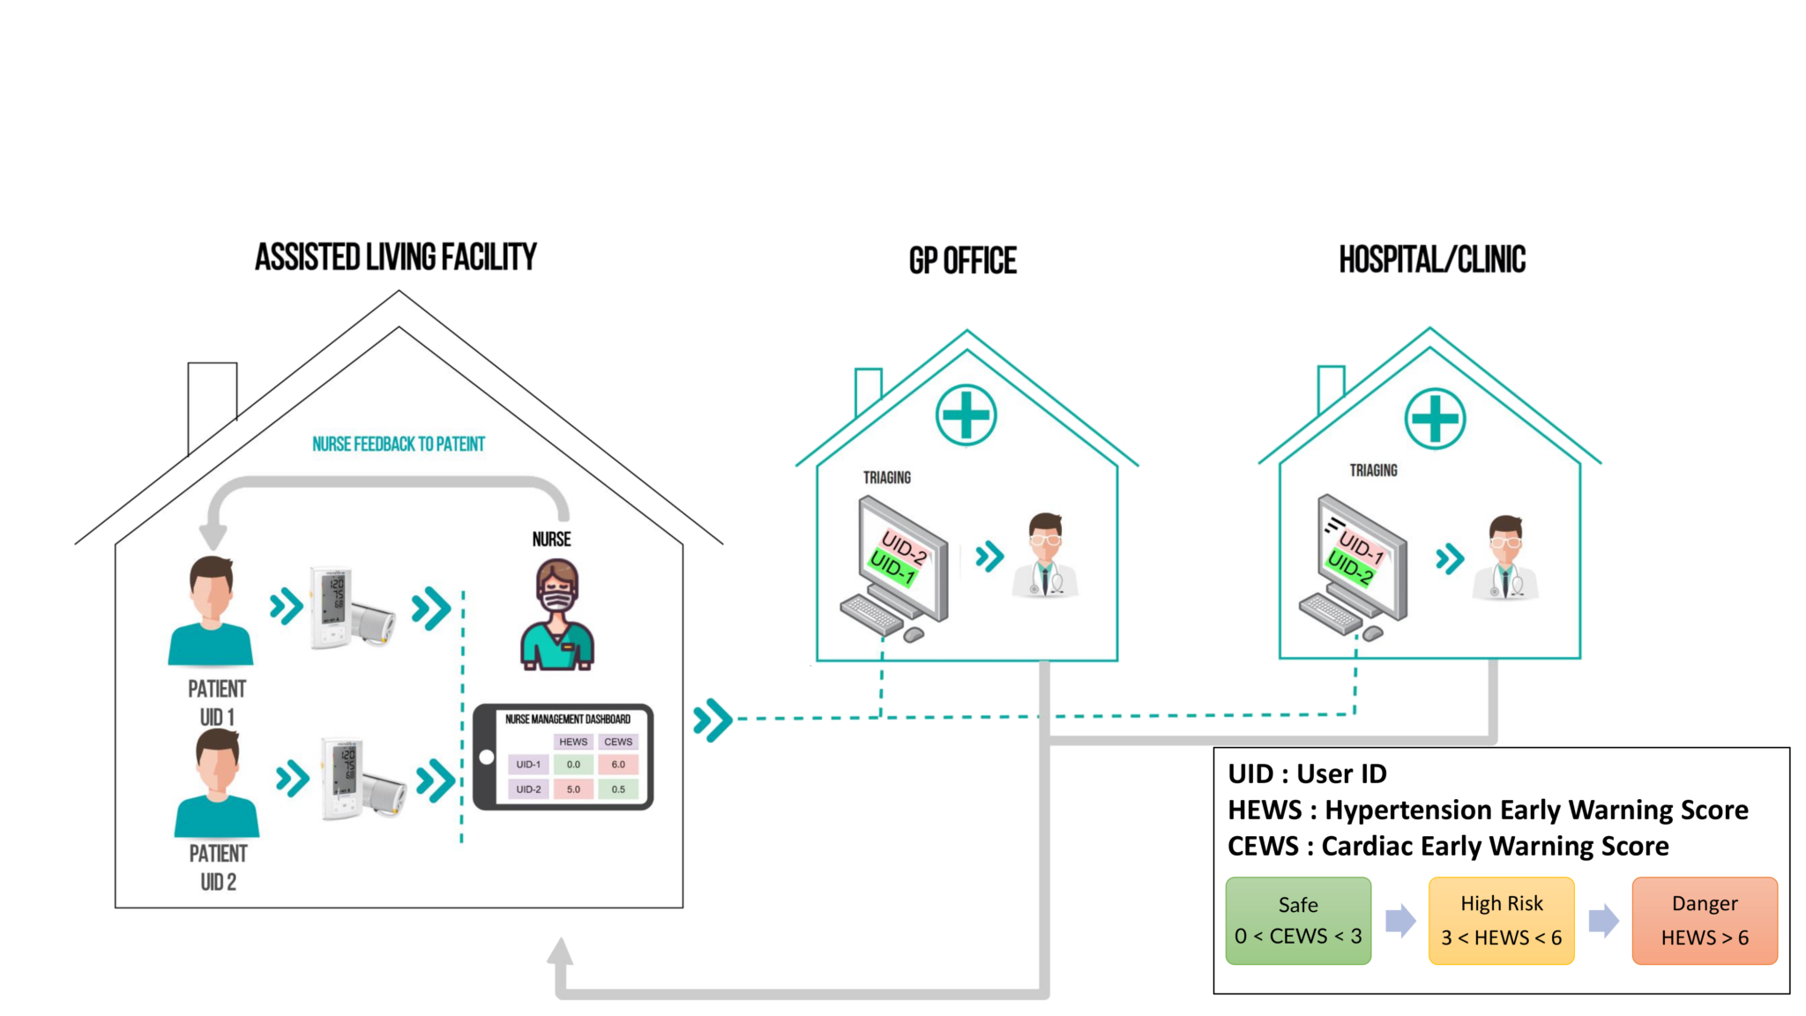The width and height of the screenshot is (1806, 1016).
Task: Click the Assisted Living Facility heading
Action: pyautogui.click(x=396, y=258)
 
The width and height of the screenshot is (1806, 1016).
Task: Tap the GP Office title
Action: pyautogui.click(x=963, y=261)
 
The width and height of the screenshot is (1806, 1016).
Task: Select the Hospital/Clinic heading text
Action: pyautogui.click(x=1432, y=259)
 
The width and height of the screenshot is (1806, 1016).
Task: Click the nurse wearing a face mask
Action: pyautogui.click(x=557, y=614)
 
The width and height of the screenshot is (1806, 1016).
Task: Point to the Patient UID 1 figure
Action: pyautogui.click(x=211, y=610)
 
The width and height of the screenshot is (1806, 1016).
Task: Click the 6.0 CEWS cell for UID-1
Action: pyautogui.click(x=618, y=765)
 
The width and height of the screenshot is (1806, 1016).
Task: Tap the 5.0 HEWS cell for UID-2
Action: pyautogui.click(x=573, y=789)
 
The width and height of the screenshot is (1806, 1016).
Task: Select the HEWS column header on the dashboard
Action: pyautogui.click(x=573, y=742)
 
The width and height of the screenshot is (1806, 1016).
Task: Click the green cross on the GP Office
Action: pyautogui.click(x=966, y=415)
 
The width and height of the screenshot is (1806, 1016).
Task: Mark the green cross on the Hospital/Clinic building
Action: pyautogui.click(x=1435, y=418)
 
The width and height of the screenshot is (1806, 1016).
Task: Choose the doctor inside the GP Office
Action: pyautogui.click(x=1045, y=556)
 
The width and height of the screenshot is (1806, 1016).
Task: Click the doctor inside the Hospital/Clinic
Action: pyautogui.click(x=1505, y=558)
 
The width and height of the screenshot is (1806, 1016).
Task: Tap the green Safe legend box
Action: pyautogui.click(x=1298, y=921)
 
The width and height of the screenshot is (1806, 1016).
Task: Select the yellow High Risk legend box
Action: pyautogui.click(x=1501, y=921)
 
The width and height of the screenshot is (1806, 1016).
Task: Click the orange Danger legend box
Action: pyautogui.click(x=1705, y=921)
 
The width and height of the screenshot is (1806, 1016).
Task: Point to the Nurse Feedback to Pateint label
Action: pyautogui.click(x=399, y=444)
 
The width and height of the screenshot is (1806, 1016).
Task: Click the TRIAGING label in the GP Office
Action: pyautogui.click(x=887, y=477)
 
